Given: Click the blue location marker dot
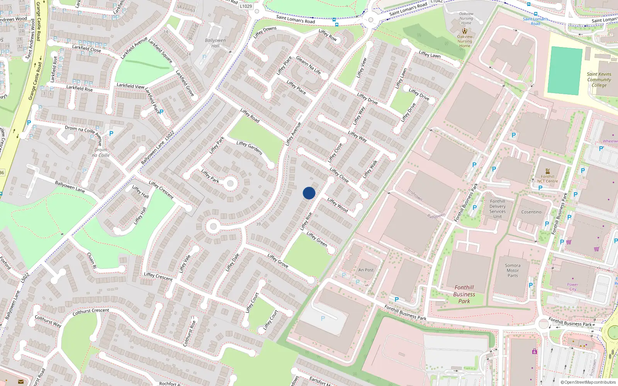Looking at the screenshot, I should tap(309, 193).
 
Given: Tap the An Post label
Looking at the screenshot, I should tap(366, 270).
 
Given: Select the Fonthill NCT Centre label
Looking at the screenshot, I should tap(547, 179).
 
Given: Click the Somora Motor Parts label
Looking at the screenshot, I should tap(513, 271).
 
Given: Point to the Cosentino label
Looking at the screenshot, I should tap(531, 212).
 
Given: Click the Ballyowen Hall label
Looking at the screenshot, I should tap(215, 43).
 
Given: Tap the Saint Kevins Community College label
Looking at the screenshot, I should tap(599, 80).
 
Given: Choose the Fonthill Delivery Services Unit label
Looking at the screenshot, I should tap(497, 209).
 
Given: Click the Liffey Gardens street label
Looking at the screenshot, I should tap(250, 148).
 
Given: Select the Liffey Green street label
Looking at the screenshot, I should tap(317, 239).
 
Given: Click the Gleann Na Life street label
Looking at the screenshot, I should tap(308, 65).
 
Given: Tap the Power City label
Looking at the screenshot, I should tap(572, 287).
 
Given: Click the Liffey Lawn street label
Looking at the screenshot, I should tap(430, 54).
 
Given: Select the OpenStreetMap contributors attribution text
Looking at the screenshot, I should tap(588, 382).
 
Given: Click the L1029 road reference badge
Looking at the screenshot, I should tap(246, 6).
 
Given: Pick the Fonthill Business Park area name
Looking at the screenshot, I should tap(464, 294).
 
